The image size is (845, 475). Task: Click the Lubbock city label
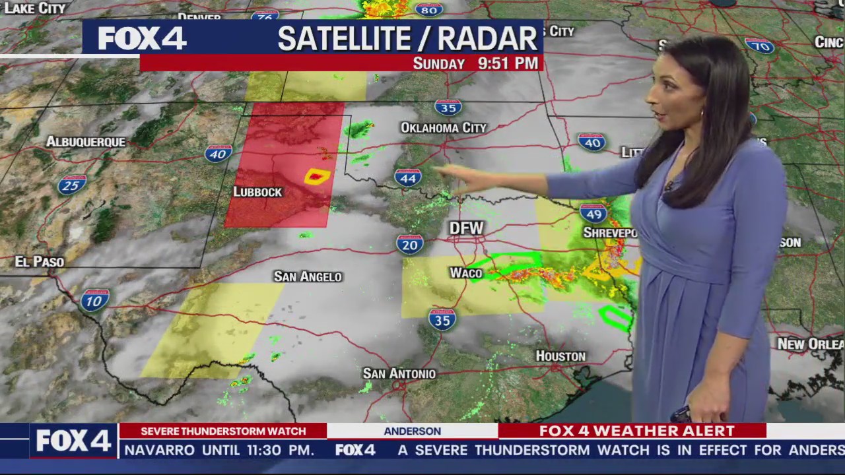[x=257, y=192]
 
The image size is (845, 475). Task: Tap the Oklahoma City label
[x=443, y=127]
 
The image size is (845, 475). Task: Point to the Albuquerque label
[x=85, y=142]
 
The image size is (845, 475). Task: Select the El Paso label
[x=40, y=262]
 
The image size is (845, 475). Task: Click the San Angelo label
[x=308, y=276]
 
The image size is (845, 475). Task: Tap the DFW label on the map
[x=466, y=228]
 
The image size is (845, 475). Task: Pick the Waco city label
[x=466, y=273]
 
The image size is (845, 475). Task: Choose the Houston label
[x=560, y=356]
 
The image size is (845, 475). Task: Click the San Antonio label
[x=399, y=373]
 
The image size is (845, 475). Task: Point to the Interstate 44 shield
[x=408, y=177]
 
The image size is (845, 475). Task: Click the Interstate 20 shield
[x=410, y=244]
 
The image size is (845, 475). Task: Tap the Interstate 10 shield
[x=94, y=300]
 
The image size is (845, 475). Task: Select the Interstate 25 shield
[x=72, y=185]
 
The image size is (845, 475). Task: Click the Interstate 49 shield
[x=593, y=212]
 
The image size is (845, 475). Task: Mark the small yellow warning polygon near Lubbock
[x=317, y=176]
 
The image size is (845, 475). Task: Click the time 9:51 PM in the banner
[x=508, y=63]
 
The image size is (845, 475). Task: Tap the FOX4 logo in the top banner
[x=142, y=38]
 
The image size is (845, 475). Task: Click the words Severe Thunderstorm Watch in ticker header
[x=223, y=431]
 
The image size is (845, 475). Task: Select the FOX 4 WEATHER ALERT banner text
[x=636, y=431]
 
